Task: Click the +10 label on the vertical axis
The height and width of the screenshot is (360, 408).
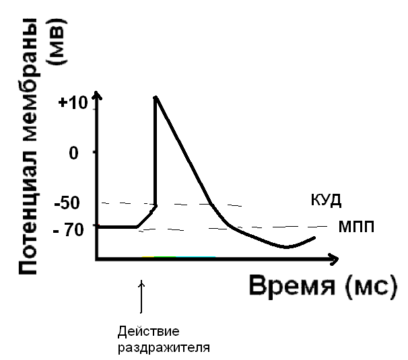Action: point(73,104)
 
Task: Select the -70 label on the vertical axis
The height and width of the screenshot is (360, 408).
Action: point(72,229)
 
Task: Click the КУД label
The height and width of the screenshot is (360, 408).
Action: point(327,200)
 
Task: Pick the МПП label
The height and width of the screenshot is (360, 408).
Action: point(354,227)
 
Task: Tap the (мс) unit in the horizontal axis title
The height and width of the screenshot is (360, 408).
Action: point(366,287)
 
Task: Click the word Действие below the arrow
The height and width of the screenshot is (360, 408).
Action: point(141,332)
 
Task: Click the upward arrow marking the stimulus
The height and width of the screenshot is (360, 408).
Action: point(141,296)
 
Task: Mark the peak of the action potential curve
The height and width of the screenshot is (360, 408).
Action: point(156,98)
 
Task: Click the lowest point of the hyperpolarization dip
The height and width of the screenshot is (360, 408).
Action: point(287,247)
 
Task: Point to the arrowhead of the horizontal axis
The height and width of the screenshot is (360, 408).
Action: point(333,258)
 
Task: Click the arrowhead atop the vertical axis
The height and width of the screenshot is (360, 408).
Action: point(98,98)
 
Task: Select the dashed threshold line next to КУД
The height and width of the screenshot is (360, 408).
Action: point(202,203)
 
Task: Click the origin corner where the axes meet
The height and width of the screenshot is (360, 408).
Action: point(98,258)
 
